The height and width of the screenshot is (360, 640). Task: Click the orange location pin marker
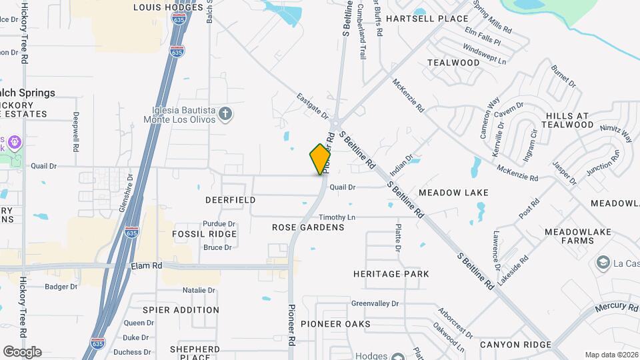point(321,159)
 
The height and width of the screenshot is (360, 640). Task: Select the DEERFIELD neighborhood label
point(231,200)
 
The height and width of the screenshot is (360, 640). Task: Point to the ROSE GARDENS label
point(308,227)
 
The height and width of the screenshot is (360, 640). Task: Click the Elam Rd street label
point(147,265)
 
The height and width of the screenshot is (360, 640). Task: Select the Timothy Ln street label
point(337,218)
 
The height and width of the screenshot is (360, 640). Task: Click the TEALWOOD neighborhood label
point(453,63)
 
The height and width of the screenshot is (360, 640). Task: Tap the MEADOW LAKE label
point(453,193)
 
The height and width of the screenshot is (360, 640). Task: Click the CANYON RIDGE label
point(515,345)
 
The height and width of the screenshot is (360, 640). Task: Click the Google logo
point(22,352)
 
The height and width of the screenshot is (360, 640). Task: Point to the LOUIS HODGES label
point(168,7)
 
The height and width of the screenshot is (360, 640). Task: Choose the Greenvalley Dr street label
point(375,303)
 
